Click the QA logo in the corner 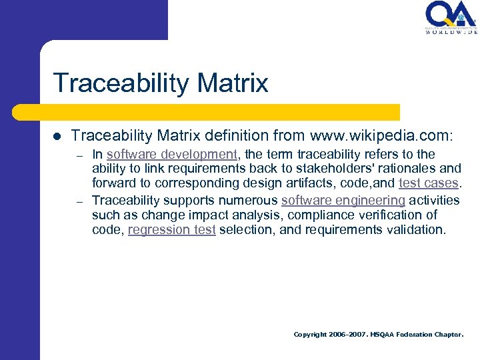(x=451, y=15)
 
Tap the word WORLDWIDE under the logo (x=451, y=32)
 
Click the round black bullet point (x=57, y=136)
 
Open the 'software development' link (x=171, y=154)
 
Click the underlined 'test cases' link (x=428, y=183)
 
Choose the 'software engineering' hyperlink (x=343, y=201)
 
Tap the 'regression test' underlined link (x=171, y=229)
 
